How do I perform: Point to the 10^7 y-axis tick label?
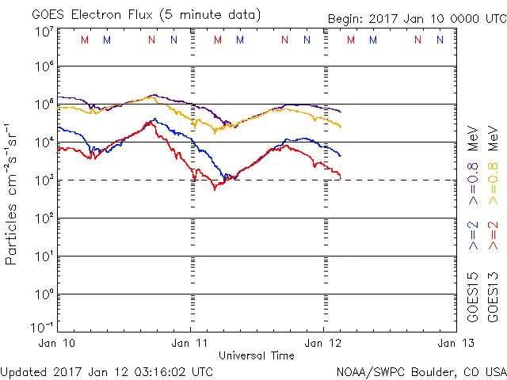click(44, 32)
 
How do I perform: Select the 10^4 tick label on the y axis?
click(44, 142)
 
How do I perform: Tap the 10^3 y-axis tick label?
click(44, 180)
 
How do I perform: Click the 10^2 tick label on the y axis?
click(44, 218)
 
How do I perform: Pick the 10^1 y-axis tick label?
click(44, 256)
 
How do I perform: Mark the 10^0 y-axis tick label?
click(44, 294)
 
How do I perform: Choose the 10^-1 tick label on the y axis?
click(43, 326)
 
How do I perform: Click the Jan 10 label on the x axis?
click(57, 343)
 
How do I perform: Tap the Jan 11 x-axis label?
click(190, 343)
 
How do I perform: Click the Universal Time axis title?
click(256, 355)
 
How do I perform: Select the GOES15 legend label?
click(473, 297)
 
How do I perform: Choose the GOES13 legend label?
click(492, 297)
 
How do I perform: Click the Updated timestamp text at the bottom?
click(106, 371)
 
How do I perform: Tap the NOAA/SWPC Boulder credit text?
click(420, 371)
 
